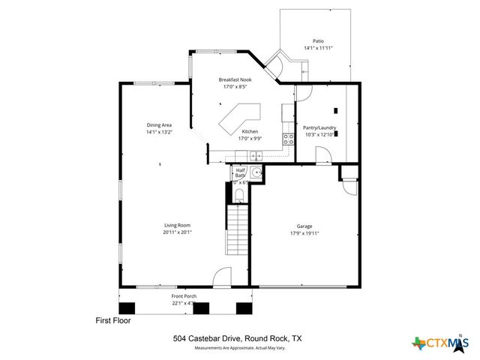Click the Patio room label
tap(318, 41)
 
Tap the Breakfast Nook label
tap(235, 79)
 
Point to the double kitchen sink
tap(254, 156)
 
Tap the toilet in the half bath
tap(239, 196)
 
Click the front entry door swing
tap(223, 277)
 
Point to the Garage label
tap(304, 226)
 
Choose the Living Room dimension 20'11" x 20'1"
tap(178, 232)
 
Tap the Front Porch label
tap(184, 297)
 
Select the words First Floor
tap(113, 320)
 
